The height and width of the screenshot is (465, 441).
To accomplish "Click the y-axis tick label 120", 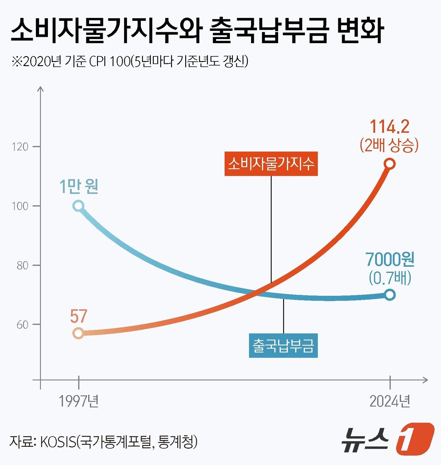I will pos(20,147).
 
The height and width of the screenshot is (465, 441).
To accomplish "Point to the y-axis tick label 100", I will pos(20,206).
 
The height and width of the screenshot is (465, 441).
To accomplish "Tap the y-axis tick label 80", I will pos(22,265).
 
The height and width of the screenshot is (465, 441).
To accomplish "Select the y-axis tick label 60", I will pos(22,325).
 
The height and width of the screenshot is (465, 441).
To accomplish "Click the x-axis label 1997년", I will pos(79,401).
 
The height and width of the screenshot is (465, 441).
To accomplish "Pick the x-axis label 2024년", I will pos(390,401).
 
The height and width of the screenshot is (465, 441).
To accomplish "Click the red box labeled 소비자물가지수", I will pos(271,164).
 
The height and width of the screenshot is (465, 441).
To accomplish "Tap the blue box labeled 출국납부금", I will pos(283,345).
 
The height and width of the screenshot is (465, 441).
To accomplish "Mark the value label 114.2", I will pos(389,127).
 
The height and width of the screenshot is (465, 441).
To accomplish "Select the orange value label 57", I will pos(78,316).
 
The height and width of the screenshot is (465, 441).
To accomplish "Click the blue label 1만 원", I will pos(79,186).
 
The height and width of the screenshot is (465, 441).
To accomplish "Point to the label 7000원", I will pos(390,260).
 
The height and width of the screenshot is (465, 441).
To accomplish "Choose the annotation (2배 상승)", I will pos(389,145).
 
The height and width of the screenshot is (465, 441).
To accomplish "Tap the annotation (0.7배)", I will pos(390,278).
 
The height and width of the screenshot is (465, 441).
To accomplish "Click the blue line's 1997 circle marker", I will pos(78,206).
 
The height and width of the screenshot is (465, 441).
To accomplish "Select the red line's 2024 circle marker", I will pos(390,164).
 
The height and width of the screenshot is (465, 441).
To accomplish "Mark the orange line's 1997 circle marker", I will pos(78,333).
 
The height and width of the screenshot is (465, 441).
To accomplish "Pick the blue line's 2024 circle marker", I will pos(390,295).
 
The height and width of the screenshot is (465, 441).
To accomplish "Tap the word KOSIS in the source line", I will pos(58,442).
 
